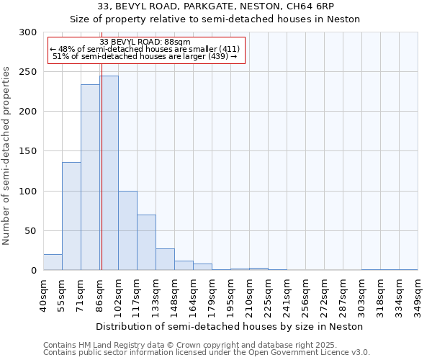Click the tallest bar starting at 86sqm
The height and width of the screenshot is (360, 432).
[109, 173]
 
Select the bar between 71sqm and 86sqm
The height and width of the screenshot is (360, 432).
[90, 177]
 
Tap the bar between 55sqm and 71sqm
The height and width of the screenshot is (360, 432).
[71, 216]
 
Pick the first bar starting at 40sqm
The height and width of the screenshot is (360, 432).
[53, 262]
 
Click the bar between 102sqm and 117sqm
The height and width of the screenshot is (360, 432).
[127, 230]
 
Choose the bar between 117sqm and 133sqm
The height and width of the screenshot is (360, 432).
[146, 243]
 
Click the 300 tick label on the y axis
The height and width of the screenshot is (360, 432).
[28, 32]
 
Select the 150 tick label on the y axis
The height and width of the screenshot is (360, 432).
[28, 151]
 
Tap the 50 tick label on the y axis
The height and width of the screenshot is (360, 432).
[31, 230]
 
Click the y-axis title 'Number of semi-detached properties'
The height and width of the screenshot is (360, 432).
[7, 156]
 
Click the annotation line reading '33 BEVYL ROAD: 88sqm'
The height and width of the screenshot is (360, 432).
[145, 42]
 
